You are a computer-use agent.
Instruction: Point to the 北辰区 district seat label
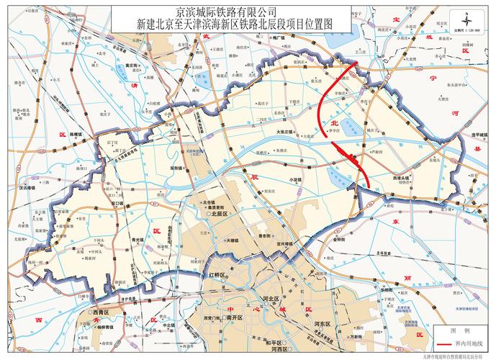point(218,215)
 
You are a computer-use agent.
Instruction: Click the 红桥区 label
point(217,276)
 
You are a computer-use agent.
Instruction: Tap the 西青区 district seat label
point(101,313)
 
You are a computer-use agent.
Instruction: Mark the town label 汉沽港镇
point(37,187)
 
